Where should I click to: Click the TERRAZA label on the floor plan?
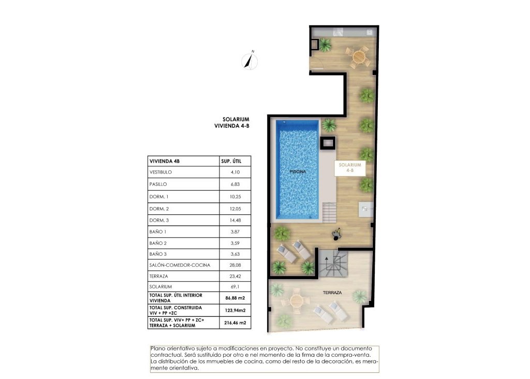[333, 293]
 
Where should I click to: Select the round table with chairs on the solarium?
[358, 56]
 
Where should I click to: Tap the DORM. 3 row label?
[159, 221]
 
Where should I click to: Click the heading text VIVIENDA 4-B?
[232, 126]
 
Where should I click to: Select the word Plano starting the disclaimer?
[158, 348]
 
